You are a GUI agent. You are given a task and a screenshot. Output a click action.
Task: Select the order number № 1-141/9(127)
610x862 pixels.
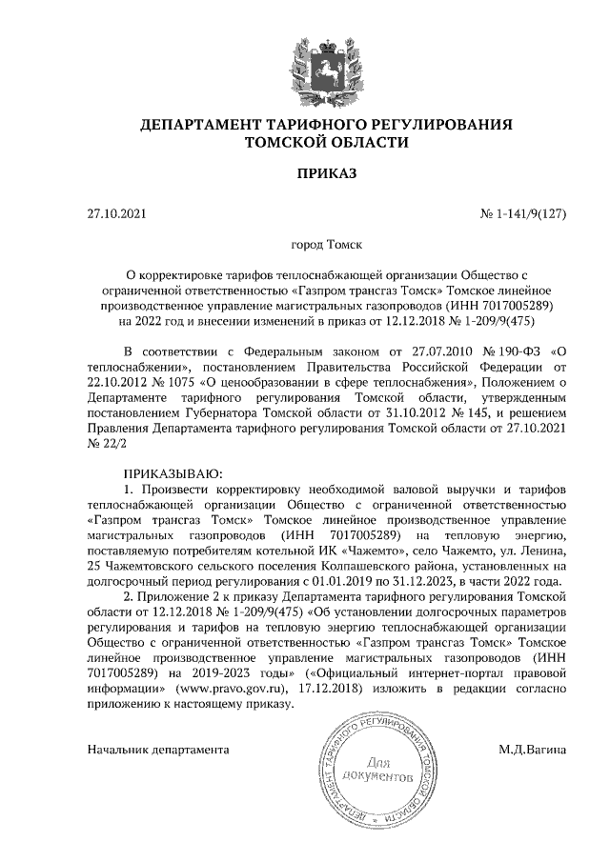click(522, 214)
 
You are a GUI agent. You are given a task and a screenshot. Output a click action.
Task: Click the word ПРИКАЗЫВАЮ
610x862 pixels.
click(173, 472)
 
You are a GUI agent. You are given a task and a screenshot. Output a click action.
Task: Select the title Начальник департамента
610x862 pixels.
click(158, 749)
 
